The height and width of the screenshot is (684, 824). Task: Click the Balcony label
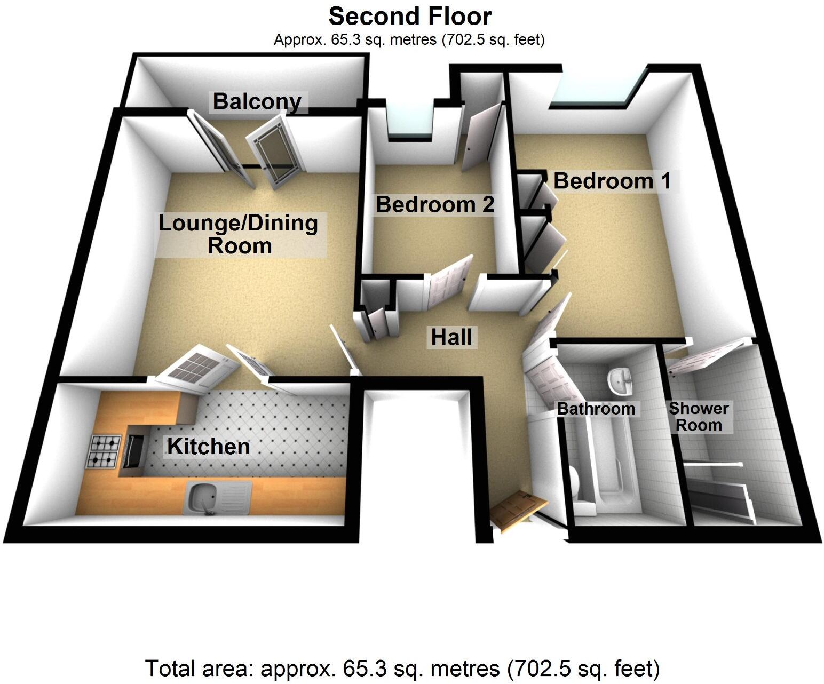click(x=257, y=101)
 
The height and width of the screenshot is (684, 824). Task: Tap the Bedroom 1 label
click(x=612, y=181)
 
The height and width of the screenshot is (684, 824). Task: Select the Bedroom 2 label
click(x=435, y=205)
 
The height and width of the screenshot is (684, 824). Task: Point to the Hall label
click(x=451, y=337)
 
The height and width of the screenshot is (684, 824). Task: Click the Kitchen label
click(x=209, y=447)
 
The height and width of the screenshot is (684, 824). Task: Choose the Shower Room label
click(x=699, y=417)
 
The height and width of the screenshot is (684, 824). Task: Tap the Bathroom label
click(x=596, y=409)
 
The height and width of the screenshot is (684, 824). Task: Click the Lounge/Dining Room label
click(x=239, y=234)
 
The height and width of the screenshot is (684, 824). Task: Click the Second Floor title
click(x=410, y=17)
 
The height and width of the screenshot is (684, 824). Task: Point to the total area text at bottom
click(x=402, y=668)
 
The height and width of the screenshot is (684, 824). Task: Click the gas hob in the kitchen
click(x=105, y=451)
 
